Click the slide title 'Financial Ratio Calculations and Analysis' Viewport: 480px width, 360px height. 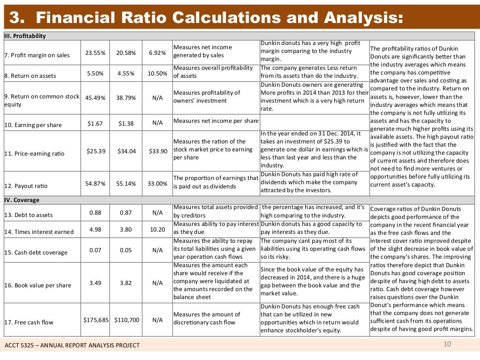point(206,18)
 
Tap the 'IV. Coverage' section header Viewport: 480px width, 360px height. point(22,200)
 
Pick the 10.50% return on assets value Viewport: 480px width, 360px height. point(157,73)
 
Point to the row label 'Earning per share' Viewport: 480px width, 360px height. point(33,125)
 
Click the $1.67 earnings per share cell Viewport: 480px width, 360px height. point(96,123)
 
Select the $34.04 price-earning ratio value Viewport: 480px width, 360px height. point(126,151)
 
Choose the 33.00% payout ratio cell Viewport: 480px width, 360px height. point(157,183)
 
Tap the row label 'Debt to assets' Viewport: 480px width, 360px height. point(28,215)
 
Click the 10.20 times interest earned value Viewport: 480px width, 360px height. point(157,230)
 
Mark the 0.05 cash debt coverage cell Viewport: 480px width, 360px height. point(126,250)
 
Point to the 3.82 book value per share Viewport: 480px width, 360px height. point(126,283)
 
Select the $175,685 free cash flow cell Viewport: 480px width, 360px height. point(96,320)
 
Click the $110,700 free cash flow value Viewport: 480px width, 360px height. point(126,320)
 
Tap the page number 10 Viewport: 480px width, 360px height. point(447,345)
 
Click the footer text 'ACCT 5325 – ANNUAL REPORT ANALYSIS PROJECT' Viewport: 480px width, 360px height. point(72,345)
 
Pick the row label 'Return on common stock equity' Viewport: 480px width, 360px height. point(42,100)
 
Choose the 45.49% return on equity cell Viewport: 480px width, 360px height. point(96,98)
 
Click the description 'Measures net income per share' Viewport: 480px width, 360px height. point(216,121)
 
